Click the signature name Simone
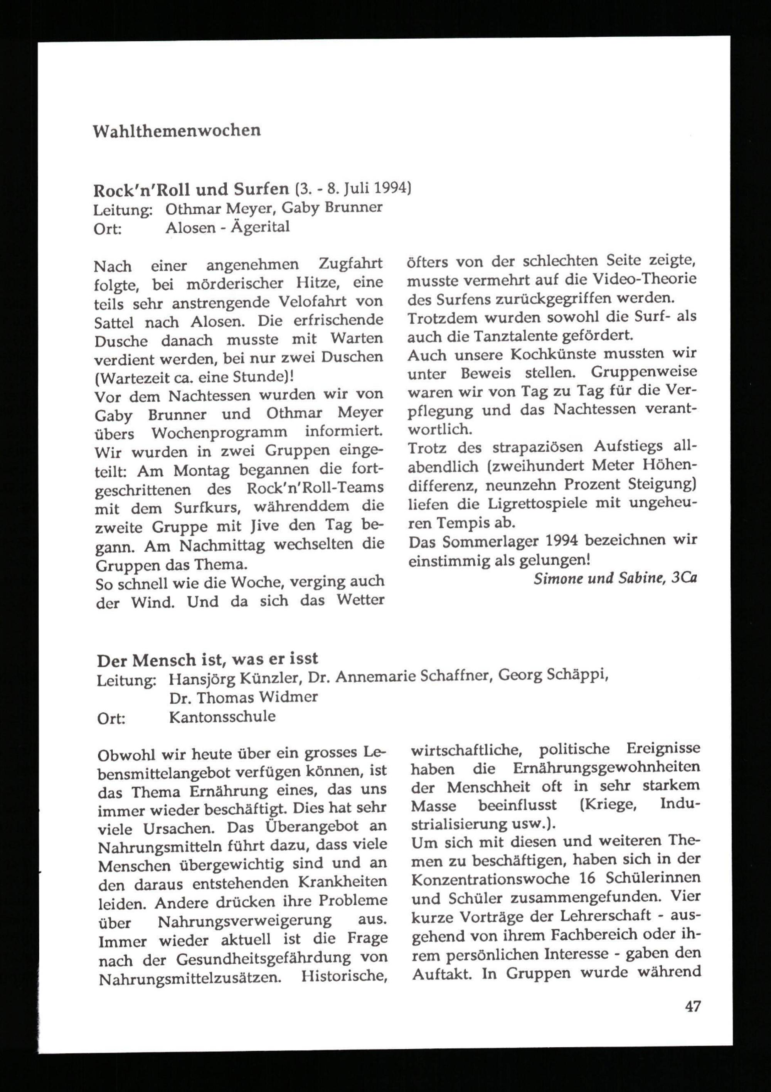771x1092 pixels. pos(554,578)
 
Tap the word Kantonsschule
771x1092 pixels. pos(222,716)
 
